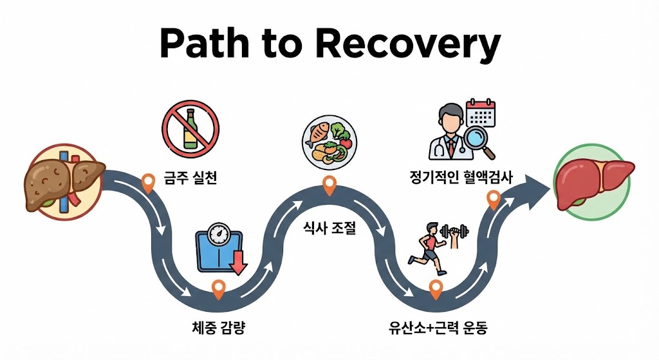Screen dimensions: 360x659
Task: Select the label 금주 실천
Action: click(x=190, y=176)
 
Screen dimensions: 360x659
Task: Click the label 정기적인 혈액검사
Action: click(x=461, y=176)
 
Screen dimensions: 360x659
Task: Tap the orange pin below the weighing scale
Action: click(x=219, y=290)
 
